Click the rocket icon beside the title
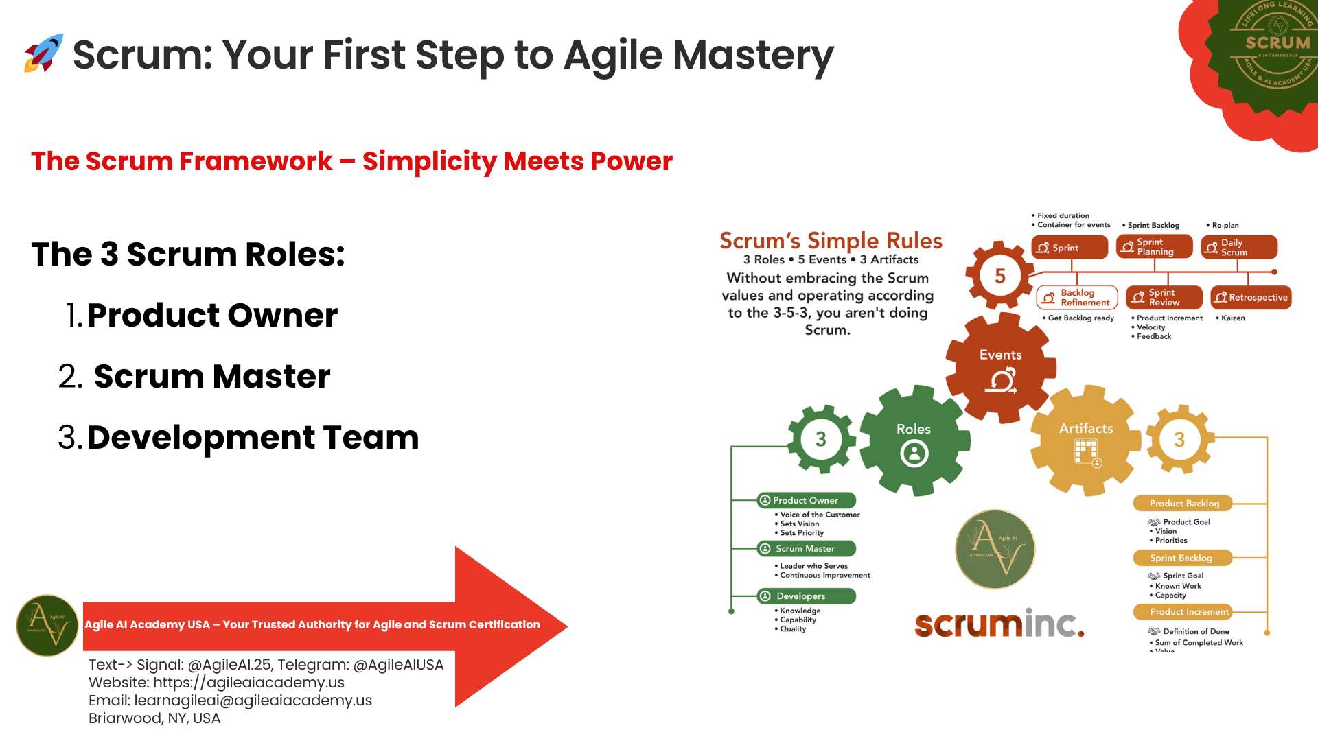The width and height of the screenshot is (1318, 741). point(43,54)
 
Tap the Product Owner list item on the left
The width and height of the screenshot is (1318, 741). point(211,316)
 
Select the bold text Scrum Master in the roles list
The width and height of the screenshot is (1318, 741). point(211,377)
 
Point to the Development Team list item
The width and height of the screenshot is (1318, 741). point(252,438)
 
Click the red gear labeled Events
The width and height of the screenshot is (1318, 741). point(1000,368)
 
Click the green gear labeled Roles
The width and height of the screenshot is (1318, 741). point(914,440)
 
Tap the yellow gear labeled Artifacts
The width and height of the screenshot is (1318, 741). point(1086,440)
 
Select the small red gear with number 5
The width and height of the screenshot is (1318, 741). point(999,276)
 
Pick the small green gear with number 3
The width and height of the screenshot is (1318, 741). point(820,439)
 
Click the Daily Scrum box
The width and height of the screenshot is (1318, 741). point(1238,248)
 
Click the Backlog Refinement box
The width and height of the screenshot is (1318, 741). point(1077,298)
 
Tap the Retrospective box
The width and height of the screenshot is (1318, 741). point(1251,298)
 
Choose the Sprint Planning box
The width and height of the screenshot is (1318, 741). point(1154,247)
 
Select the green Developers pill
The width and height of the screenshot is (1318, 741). point(806,596)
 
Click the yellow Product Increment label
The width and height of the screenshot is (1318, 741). point(1182,612)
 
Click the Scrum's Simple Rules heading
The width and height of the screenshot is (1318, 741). point(831,241)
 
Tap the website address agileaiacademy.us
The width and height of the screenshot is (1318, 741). point(248,683)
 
